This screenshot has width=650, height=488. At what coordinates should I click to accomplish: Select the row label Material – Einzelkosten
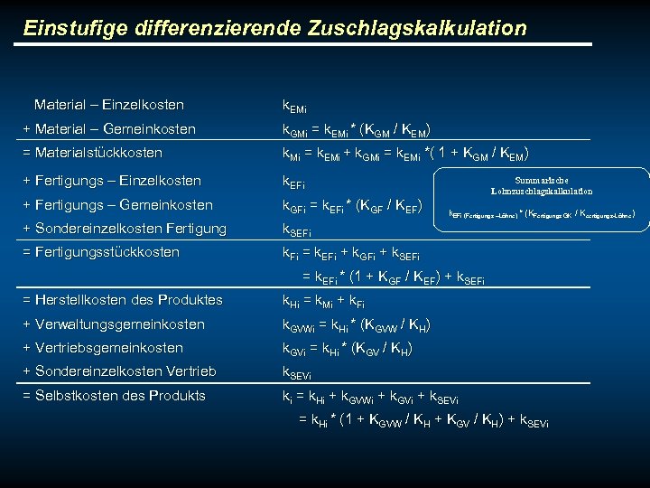[x=108, y=105]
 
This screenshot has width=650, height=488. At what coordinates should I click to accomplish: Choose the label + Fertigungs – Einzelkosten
[x=112, y=181]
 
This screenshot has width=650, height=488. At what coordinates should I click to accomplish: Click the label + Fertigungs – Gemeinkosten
[x=117, y=205]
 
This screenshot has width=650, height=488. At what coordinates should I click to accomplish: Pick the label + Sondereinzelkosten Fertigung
[x=124, y=229]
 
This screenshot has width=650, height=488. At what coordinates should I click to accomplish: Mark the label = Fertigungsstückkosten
[x=100, y=252]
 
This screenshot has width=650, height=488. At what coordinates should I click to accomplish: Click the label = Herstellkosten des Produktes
[x=122, y=300]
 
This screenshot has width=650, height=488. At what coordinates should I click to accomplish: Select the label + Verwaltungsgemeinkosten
[x=113, y=324]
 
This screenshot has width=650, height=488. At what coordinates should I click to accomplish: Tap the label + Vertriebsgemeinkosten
[x=102, y=348]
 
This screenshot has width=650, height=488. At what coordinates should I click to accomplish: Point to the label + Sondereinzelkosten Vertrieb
[x=119, y=371]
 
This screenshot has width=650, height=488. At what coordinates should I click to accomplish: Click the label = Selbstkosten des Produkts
[x=114, y=396]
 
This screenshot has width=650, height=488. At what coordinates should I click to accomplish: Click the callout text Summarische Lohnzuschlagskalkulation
[x=542, y=185]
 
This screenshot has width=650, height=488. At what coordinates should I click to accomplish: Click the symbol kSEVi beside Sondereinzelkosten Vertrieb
[x=298, y=372]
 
